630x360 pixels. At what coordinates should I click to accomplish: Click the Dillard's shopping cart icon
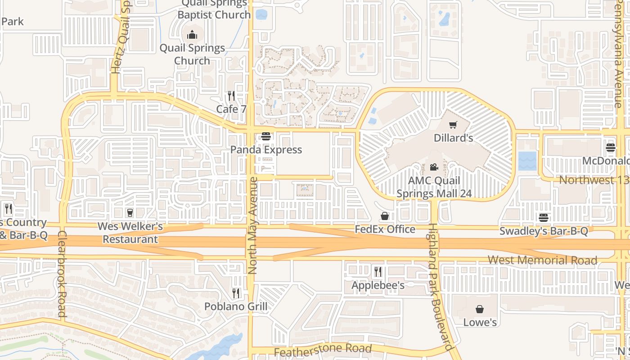(x=453, y=125)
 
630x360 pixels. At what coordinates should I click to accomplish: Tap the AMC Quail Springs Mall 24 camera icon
(x=434, y=167)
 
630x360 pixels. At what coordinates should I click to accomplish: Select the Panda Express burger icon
(x=266, y=136)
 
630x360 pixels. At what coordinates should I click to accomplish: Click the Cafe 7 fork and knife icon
(x=231, y=96)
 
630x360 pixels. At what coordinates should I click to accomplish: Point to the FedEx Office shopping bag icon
(x=385, y=216)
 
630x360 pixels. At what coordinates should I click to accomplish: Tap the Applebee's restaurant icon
(x=378, y=272)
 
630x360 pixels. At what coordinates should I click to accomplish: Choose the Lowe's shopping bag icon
(x=480, y=309)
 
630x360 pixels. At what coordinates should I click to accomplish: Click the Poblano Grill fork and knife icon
(x=236, y=293)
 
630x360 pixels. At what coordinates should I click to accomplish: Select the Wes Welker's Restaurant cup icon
(x=130, y=212)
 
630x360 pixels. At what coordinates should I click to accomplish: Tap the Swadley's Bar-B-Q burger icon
(x=544, y=218)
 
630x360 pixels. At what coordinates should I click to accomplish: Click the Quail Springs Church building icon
(x=192, y=35)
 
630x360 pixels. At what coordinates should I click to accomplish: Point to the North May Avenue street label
(x=252, y=225)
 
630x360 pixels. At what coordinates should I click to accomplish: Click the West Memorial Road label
(x=542, y=260)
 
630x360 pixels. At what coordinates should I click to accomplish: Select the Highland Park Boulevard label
(x=439, y=287)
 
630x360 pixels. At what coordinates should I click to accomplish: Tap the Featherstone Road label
(x=323, y=349)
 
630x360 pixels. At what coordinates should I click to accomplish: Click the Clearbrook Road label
(x=62, y=274)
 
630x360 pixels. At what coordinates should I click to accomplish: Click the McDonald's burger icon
(x=611, y=148)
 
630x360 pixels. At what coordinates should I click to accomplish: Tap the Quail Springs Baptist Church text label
(x=214, y=9)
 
